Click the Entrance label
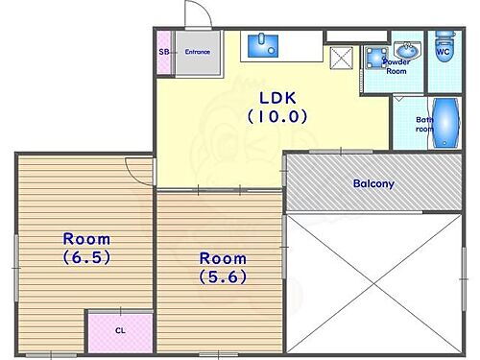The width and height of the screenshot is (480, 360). click(198, 52)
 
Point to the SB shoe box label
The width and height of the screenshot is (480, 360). click(163, 52)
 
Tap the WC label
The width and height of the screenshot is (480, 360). click(444, 53)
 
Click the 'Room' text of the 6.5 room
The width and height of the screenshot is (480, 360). click(86, 238)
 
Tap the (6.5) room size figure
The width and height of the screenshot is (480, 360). click(86, 257)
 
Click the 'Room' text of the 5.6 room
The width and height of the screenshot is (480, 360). click(222, 257)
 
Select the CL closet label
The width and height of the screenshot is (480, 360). click(120, 330)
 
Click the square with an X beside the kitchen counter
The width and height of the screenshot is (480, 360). click(340, 59)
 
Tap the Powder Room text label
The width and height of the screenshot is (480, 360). click(396, 65)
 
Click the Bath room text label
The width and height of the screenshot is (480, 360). click(424, 125)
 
